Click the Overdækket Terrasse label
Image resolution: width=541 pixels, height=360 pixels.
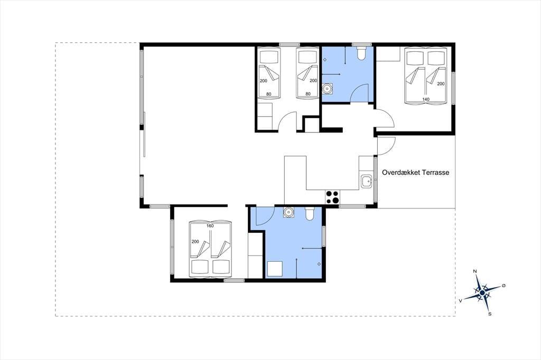pos(415,173)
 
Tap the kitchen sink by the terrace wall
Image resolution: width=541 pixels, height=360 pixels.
pos(366,182)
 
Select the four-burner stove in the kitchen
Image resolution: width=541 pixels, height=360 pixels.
pos(333,197)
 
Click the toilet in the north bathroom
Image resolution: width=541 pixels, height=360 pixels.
pos(361,53)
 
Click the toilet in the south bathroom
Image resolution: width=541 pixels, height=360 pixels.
pos(310,213)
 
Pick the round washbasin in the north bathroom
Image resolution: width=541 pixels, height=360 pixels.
pos(327,89)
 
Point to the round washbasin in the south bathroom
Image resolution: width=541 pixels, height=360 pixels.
pos(288,212)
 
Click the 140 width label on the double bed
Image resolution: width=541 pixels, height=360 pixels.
pos(426,99)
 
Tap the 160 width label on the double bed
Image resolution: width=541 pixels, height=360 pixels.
pos(210,226)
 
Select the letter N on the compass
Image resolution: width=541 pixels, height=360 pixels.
pos(475,271)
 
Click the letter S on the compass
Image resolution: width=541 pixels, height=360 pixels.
pos(490,314)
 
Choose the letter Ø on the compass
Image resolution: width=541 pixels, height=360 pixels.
pos(503,285)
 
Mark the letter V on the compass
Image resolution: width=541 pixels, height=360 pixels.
pos(460,301)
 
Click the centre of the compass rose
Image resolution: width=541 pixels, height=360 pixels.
pos(482,293)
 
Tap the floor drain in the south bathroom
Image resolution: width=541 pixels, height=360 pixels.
pos(319,264)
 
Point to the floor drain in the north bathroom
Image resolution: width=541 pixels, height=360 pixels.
pos(325,60)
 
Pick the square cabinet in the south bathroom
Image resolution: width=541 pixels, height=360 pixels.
pos(275,269)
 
